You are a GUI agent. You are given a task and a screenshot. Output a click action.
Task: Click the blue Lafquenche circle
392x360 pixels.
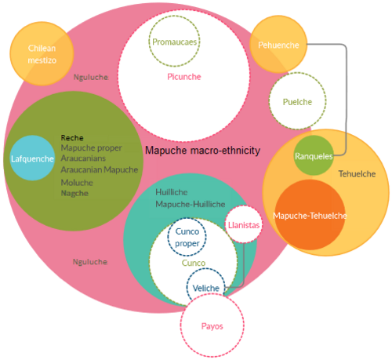tap(32, 158)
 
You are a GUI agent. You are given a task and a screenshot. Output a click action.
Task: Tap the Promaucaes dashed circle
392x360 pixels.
tap(149, 42)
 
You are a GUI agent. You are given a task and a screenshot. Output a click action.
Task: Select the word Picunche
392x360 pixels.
tap(184, 77)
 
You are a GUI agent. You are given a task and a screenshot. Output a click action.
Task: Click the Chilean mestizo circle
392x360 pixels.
tap(42, 54)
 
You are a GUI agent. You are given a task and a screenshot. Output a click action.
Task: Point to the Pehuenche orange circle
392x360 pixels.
tap(278, 45)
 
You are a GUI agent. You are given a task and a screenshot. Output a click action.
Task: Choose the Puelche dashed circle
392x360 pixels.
tap(270, 101)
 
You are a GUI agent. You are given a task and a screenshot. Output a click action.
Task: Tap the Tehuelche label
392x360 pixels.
tap(357, 174)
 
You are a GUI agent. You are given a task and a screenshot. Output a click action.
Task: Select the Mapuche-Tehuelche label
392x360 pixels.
tap(310, 216)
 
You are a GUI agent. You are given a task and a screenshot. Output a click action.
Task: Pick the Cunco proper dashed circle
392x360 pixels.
tap(168, 237)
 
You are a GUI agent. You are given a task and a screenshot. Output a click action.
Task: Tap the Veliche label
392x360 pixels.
tap(206, 288)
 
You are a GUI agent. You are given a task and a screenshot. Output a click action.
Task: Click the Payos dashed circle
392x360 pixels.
tap(180, 325)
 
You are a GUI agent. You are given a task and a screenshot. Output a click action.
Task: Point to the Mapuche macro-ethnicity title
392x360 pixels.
tap(203, 151)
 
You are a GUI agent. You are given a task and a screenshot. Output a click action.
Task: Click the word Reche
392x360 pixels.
tap(72, 138)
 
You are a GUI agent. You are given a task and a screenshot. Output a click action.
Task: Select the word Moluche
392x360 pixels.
tap(77, 183)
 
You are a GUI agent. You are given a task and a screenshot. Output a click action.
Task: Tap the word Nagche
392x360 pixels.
tap(74, 193)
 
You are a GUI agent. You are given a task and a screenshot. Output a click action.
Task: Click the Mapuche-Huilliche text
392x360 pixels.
tap(191, 204)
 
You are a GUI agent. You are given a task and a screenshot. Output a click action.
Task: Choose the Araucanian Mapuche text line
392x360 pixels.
tap(100, 169)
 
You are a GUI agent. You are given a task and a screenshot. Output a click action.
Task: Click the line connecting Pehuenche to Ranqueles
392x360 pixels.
tap(347, 100)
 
